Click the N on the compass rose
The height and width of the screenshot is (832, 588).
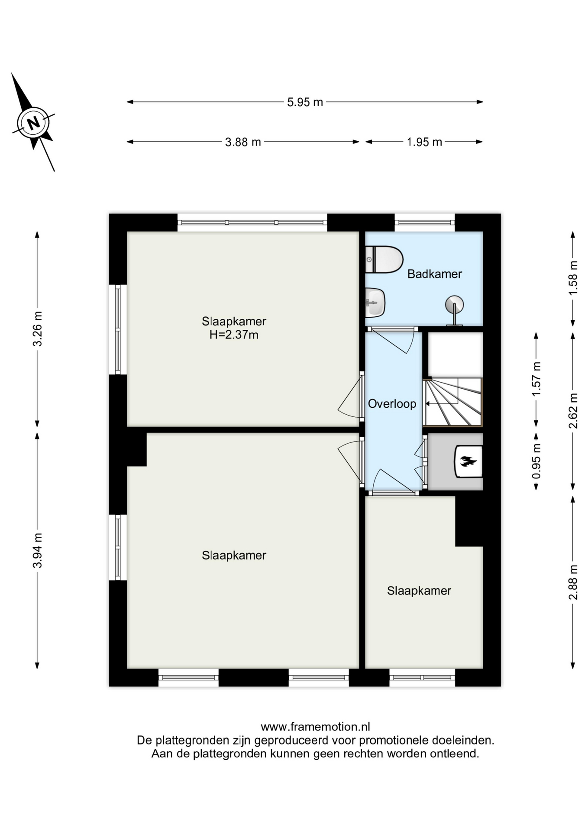click(33, 122)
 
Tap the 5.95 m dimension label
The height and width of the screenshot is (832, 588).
click(305, 102)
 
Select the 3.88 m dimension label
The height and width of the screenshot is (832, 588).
click(243, 142)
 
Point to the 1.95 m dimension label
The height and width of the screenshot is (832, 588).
click(424, 142)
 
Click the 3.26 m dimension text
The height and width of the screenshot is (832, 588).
click(38, 329)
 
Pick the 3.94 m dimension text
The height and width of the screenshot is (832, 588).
click(38, 550)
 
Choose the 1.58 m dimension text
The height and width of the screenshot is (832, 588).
click(573, 278)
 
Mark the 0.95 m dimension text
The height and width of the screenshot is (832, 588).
click(536, 461)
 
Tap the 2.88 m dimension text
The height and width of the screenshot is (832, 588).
click(573, 582)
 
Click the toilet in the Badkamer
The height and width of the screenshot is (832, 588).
click(384, 260)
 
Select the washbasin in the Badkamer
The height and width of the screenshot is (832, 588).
click(375, 302)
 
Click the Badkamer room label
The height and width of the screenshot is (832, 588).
click(435, 274)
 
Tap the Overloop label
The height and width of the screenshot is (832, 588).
click(392, 404)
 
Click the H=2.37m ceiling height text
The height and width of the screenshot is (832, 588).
click(234, 335)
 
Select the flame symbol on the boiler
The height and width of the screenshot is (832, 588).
click(468, 461)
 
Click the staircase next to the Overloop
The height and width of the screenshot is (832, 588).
click(453, 402)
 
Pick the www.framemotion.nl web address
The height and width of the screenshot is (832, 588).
click(315, 727)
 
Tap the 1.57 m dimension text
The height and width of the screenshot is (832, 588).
click(536, 379)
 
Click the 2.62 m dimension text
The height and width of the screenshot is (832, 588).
click(573, 410)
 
